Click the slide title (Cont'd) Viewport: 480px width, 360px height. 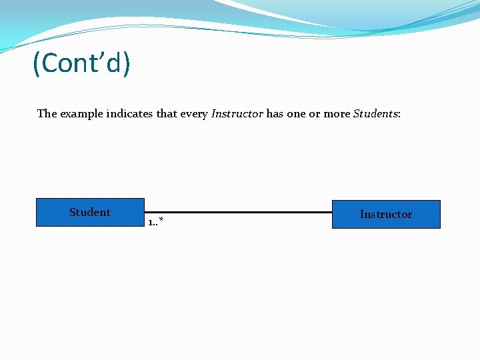tap(82, 63)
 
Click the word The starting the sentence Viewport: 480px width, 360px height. tap(47, 113)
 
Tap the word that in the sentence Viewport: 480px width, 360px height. tap(167, 113)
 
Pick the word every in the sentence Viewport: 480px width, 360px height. tap(194, 113)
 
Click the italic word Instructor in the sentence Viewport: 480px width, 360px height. tap(237, 113)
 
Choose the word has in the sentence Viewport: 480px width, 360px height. tap(275, 113)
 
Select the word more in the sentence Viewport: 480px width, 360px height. tap(337, 113)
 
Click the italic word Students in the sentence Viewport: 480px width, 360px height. tap(375, 113)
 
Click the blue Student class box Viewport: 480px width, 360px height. tap(90, 213)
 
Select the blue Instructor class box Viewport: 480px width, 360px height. tap(386, 214)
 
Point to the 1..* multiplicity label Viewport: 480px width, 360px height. tap(156, 221)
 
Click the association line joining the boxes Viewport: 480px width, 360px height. tap(238, 213)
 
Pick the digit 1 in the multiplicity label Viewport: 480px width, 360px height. tap(151, 222)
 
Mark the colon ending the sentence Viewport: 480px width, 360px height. tap(399, 115)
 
